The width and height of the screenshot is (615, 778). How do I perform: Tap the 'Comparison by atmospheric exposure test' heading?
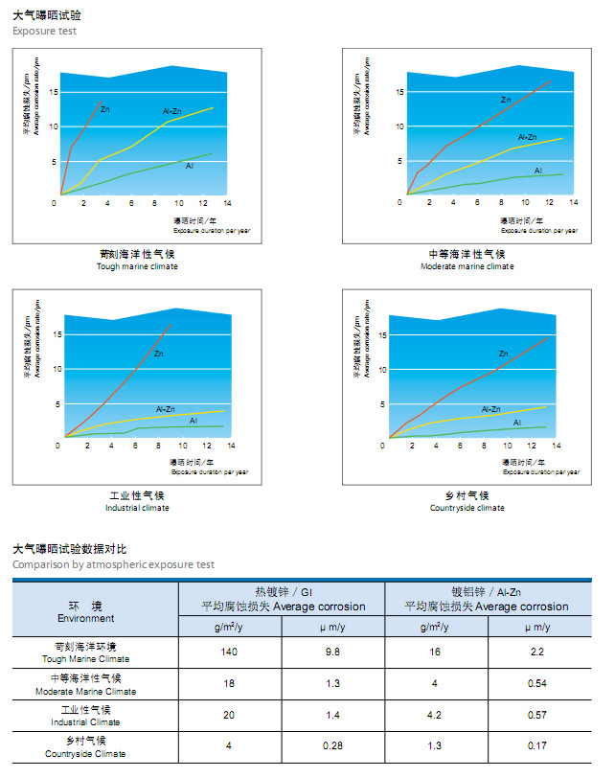click(x=114, y=564)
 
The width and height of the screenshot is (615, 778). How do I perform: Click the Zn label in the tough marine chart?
click(x=104, y=109)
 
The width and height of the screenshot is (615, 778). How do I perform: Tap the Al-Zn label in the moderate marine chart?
click(x=527, y=137)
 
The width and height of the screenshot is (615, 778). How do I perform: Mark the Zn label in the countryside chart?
click(x=503, y=354)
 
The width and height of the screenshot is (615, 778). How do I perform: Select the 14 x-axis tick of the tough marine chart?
click(x=227, y=203)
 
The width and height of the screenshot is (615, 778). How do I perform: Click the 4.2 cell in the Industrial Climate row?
click(x=436, y=716)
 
